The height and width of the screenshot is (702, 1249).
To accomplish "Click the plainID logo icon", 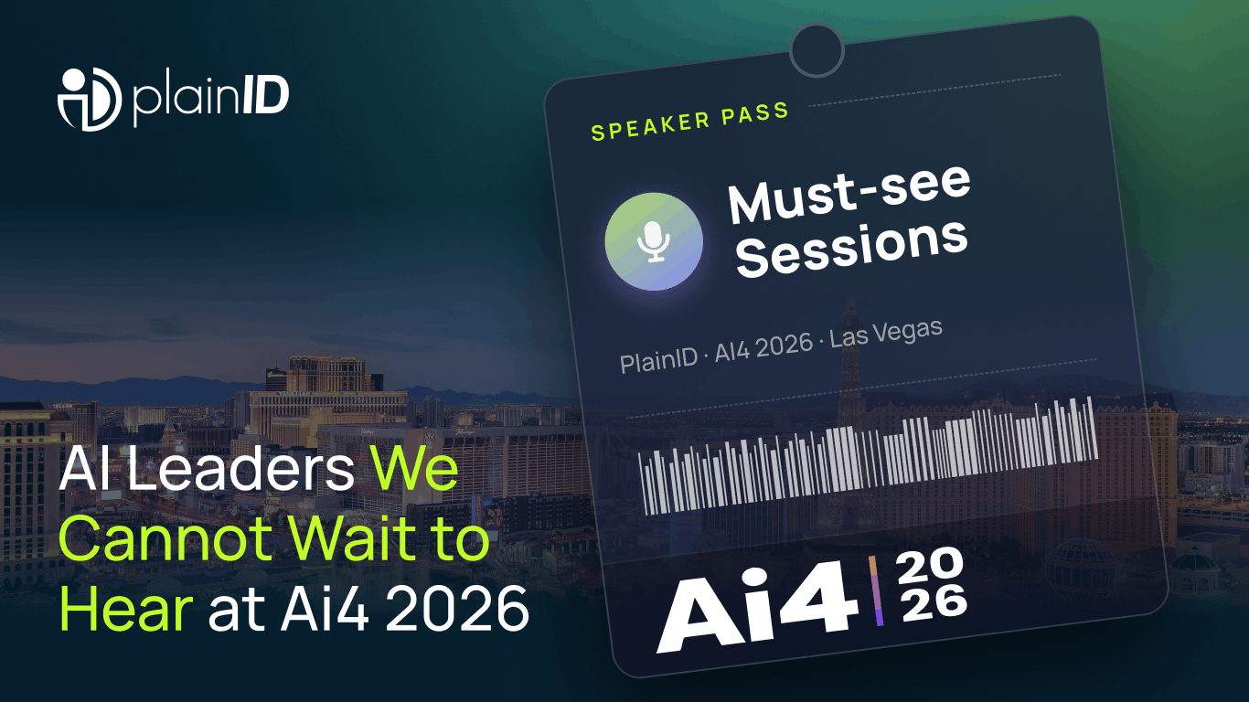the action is click(90, 100).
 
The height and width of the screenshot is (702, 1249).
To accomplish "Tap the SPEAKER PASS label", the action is click(689, 122).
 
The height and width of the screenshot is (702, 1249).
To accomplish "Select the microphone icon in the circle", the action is click(654, 241).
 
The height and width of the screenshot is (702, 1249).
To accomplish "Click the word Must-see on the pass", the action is click(849, 194).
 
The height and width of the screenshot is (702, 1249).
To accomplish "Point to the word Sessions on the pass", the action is click(851, 248).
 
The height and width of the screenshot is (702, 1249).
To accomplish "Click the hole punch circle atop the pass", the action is click(817, 50).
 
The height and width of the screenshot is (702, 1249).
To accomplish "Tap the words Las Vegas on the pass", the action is click(886, 333).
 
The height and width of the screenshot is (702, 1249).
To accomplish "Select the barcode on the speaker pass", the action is click(869, 455).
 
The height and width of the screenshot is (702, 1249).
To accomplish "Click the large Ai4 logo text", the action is click(757, 606).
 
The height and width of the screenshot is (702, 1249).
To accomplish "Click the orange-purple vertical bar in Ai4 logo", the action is click(876, 591).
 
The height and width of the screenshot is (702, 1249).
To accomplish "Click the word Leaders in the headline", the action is click(240, 469).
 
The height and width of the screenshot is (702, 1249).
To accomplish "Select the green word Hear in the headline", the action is click(125, 609).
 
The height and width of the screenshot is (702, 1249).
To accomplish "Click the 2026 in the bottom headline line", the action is click(456, 609).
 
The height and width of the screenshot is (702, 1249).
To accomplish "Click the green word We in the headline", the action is click(414, 469).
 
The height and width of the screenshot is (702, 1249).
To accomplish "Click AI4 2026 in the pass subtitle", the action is click(763, 346).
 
